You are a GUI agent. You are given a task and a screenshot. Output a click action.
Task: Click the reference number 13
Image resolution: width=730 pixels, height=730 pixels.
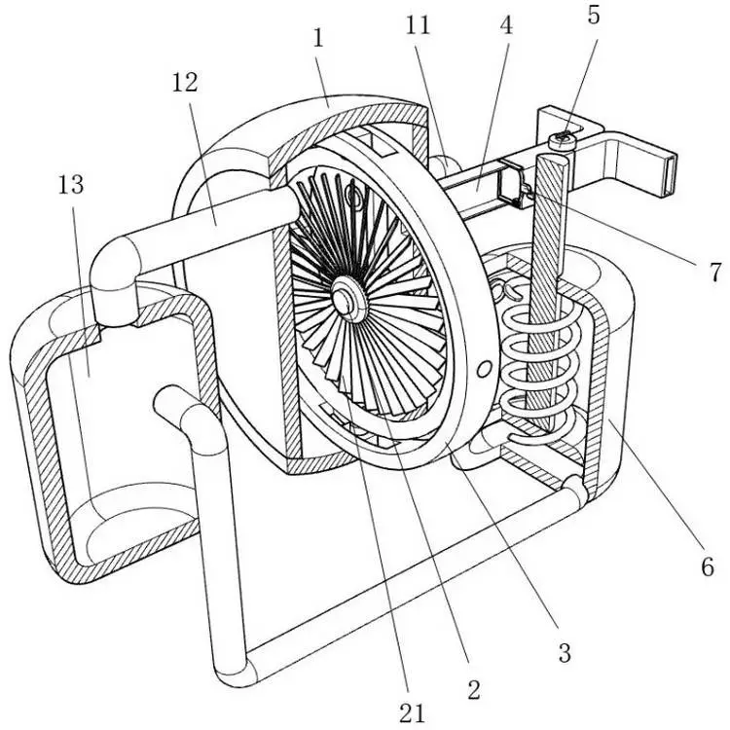point(71,185)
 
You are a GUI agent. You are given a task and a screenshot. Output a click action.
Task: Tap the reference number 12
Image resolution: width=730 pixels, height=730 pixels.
point(185,83)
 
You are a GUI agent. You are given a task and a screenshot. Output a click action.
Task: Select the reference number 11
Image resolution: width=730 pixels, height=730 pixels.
point(418,25)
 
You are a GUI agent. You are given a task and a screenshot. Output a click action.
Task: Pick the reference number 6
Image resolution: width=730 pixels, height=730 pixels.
point(708,567)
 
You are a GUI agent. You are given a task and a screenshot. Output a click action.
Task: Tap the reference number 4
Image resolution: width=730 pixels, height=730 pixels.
point(506,25)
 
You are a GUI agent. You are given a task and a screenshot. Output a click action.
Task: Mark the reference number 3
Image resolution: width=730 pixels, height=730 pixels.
point(565,653)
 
